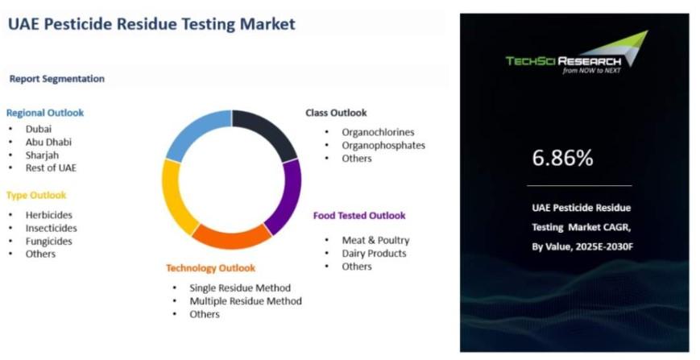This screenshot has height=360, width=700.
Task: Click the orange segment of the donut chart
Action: [x=231, y=237]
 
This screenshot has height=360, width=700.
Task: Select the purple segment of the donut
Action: [x=288, y=197]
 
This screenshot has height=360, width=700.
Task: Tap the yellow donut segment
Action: [x=175, y=197]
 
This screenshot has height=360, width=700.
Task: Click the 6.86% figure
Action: [x=562, y=158]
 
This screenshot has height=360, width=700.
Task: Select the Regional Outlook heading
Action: [x=45, y=113]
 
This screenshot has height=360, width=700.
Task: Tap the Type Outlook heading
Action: [x=36, y=196]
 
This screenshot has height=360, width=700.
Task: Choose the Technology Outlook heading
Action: [x=211, y=268]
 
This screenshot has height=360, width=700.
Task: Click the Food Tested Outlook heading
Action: [x=359, y=216]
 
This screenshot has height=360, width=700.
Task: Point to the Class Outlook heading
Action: [x=336, y=113]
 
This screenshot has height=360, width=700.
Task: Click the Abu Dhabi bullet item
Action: [x=48, y=143]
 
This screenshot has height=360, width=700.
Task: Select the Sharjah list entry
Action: [x=42, y=155]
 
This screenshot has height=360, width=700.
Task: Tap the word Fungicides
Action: [x=48, y=242]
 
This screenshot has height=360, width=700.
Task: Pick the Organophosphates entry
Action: [x=383, y=146]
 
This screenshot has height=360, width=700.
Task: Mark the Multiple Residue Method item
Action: [x=246, y=301]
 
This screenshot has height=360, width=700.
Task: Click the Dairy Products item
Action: [x=374, y=254]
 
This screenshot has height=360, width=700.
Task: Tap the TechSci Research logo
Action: [x=577, y=52]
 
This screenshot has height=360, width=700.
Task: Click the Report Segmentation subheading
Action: [x=57, y=79]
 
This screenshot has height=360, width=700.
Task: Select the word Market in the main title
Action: [x=268, y=23]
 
